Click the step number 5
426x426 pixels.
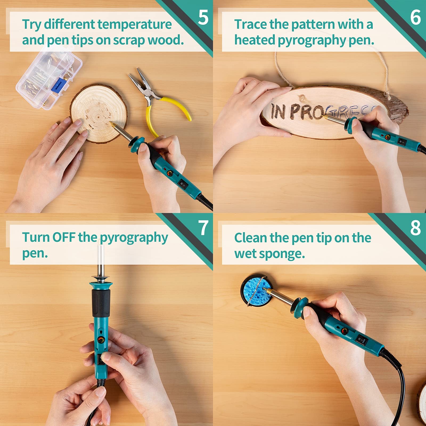pos(203,17)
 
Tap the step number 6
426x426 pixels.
pos(415,17)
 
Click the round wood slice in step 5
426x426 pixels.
pos(99,113)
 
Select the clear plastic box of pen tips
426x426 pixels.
pos(50,77)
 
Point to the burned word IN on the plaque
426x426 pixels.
pos(278,111)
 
